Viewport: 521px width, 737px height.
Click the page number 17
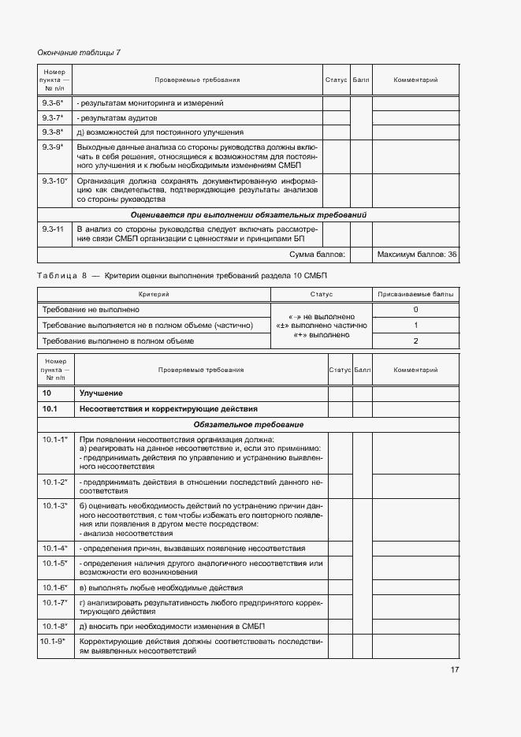click(455, 670)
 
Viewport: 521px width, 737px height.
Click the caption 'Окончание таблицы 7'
click(79, 53)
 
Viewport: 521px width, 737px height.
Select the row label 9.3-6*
click(53, 103)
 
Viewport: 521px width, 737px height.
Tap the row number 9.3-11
click(53, 229)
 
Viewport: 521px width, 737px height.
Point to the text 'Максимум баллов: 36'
click(417, 255)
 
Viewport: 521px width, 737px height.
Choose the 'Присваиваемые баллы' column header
click(415, 294)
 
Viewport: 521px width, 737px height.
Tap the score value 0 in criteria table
click(415, 309)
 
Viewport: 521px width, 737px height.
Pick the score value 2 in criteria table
click(415, 341)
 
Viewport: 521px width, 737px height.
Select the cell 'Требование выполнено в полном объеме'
click(117, 341)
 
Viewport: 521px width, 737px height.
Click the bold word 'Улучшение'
click(101, 393)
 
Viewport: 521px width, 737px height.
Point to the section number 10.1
click(50, 408)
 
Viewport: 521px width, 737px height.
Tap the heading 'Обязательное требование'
click(248, 424)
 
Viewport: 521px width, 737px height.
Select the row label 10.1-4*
click(54, 548)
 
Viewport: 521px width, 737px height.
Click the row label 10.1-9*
click(54, 642)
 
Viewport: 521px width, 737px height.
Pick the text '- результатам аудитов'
click(114, 117)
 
